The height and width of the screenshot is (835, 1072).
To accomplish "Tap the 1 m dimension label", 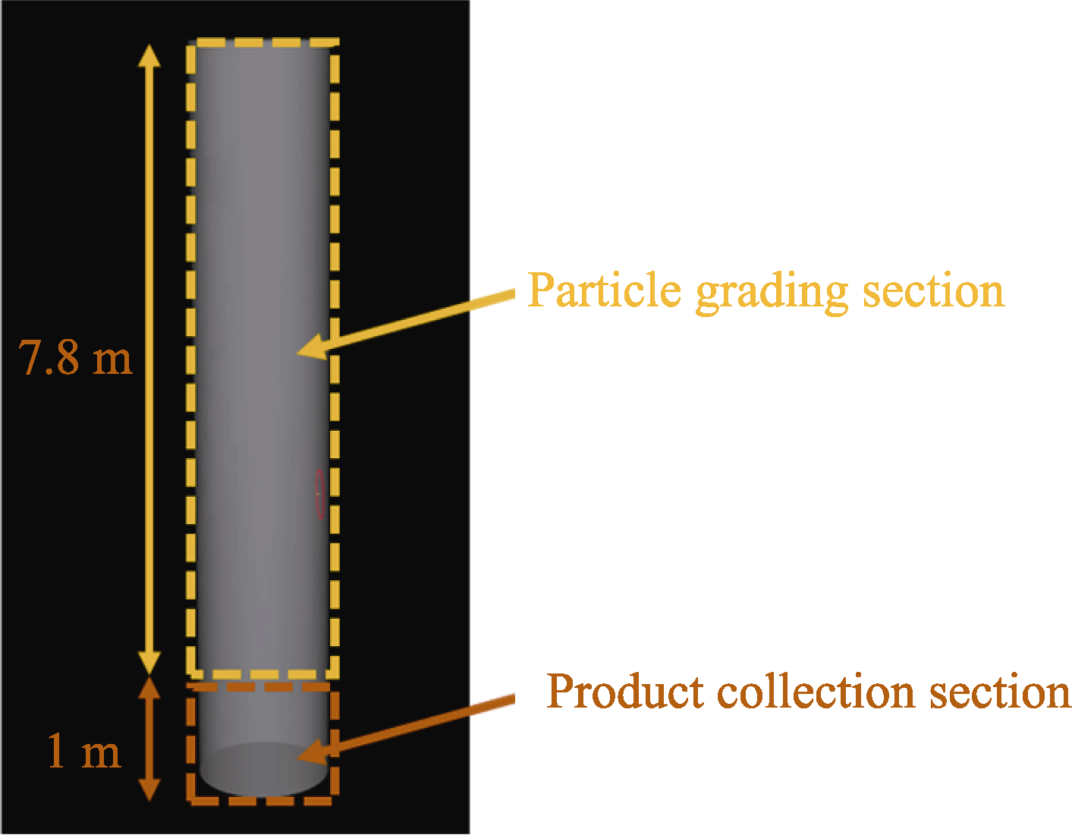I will pos(83,752).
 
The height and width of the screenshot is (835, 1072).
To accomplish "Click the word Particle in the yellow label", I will pos(604,290).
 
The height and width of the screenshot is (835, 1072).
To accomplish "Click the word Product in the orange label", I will pos(624,692).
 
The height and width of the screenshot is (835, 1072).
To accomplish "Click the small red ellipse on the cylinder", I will pos(320,494).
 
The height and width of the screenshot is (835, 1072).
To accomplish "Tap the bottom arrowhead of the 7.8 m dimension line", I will pos(149,663).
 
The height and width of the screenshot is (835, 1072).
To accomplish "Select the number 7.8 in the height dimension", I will pos(50,358).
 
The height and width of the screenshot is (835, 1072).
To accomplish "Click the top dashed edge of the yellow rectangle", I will pos(262,42).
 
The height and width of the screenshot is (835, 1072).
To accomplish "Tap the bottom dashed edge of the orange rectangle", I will pos(262,799).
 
